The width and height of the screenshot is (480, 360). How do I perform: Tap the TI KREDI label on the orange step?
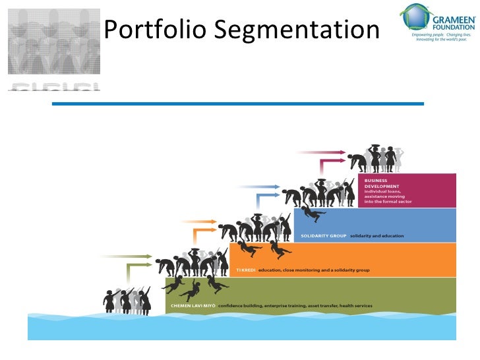246,270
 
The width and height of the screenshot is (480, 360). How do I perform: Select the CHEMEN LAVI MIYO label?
193,306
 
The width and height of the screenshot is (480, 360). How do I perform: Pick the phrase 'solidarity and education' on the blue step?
376,236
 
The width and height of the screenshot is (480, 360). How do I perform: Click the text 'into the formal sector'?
388,201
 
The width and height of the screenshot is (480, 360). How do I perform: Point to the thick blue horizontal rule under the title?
237,104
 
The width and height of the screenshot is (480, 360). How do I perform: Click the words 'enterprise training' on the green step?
278,306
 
